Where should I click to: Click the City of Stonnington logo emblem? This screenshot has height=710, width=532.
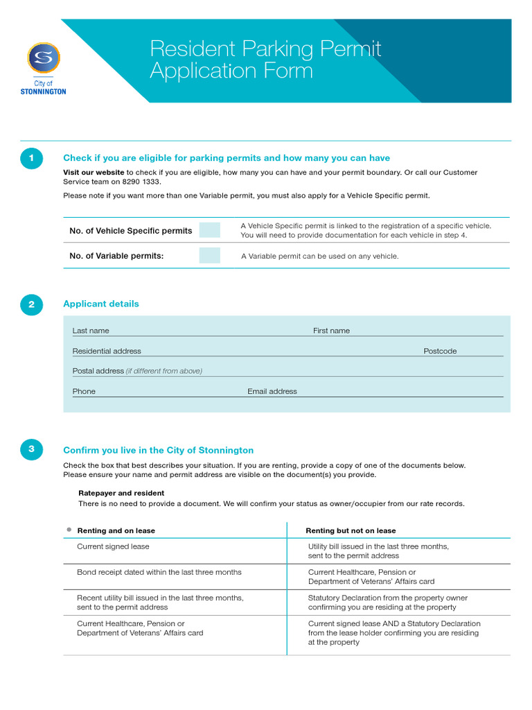point(44,58)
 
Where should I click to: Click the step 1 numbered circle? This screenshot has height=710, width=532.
point(31,159)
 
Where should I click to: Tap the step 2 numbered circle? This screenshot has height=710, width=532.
point(31,304)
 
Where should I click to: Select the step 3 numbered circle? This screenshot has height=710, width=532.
point(31,450)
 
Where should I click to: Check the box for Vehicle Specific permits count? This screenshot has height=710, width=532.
point(209,230)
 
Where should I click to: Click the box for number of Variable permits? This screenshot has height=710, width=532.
point(209,255)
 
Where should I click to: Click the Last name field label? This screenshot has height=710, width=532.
point(91,331)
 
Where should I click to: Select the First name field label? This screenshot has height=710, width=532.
point(331,331)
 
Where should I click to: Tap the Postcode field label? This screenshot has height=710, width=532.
point(440,351)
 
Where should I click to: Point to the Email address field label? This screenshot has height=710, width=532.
point(272,391)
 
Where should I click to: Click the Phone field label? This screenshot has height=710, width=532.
point(84,391)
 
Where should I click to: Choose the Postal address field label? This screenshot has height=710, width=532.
point(98,371)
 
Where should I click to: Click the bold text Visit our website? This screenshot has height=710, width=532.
point(94,173)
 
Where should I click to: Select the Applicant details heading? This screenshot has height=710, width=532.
point(101,304)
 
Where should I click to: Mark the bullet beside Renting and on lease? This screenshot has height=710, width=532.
point(69,530)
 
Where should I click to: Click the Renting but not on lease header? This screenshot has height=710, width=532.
point(351,530)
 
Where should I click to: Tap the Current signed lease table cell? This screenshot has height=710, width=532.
point(113,546)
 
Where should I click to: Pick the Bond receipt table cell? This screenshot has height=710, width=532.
point(159,572)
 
